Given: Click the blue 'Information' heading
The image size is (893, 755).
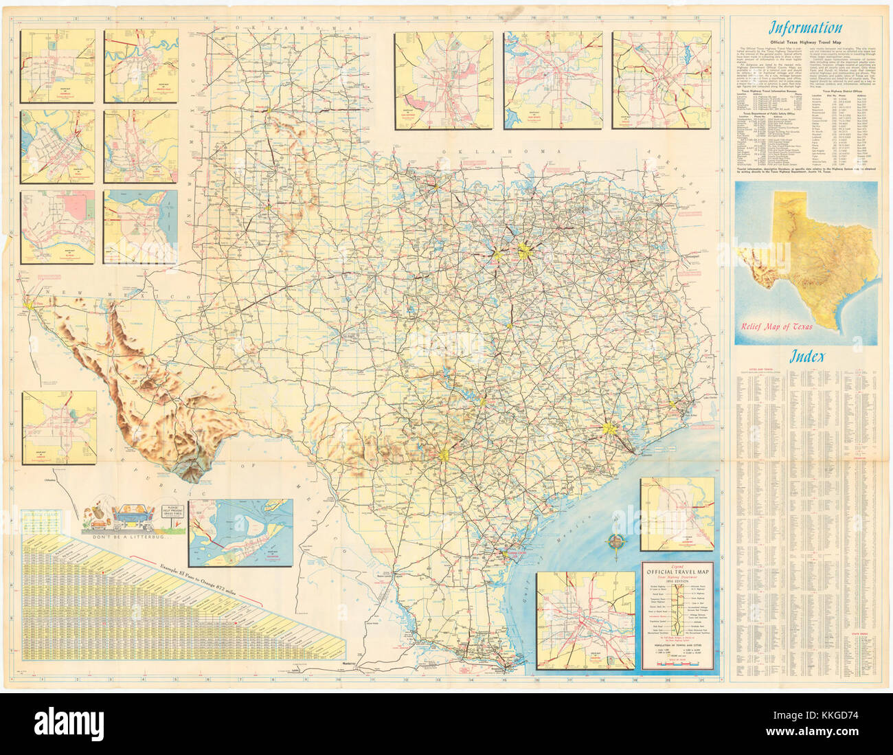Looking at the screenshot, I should pyautogui.click(x=804, y=28).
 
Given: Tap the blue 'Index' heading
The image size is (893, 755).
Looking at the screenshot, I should pyautogui.click(x=806, y=356).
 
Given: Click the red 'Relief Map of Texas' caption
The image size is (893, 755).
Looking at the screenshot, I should pyautogui.click(x=773, y=326).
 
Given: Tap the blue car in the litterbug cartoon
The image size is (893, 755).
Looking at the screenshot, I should pyautogui.click(x=132, y=512).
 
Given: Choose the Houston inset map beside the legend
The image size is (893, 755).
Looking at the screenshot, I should pyautogui.click(x=585, y=620).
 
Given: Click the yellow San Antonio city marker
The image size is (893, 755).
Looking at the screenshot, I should pyautogui.click(x=444, y=454).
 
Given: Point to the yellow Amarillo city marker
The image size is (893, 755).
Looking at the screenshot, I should pyautogui.click(x=271, y=109).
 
